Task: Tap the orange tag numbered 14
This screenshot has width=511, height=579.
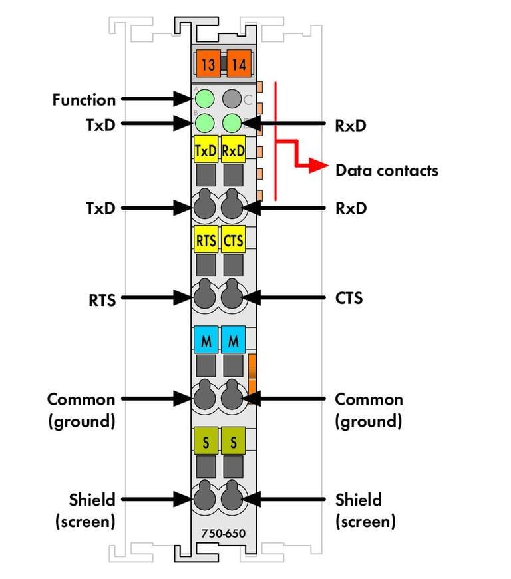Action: click(239, 65)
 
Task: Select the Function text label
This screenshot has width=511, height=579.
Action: click(84, 100)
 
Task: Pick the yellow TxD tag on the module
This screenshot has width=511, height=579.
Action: click(206, 150)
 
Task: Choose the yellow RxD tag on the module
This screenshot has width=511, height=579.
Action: click(233, 150)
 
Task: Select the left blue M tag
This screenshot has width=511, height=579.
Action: click(206, 341)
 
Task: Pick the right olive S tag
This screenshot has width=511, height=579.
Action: click(233, 440)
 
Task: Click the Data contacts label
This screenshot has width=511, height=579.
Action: click(387, 170)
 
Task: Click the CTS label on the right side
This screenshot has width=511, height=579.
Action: click(349, 297)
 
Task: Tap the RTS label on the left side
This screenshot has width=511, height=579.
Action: click(102, 300)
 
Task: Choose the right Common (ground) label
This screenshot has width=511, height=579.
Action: click(369, 410)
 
